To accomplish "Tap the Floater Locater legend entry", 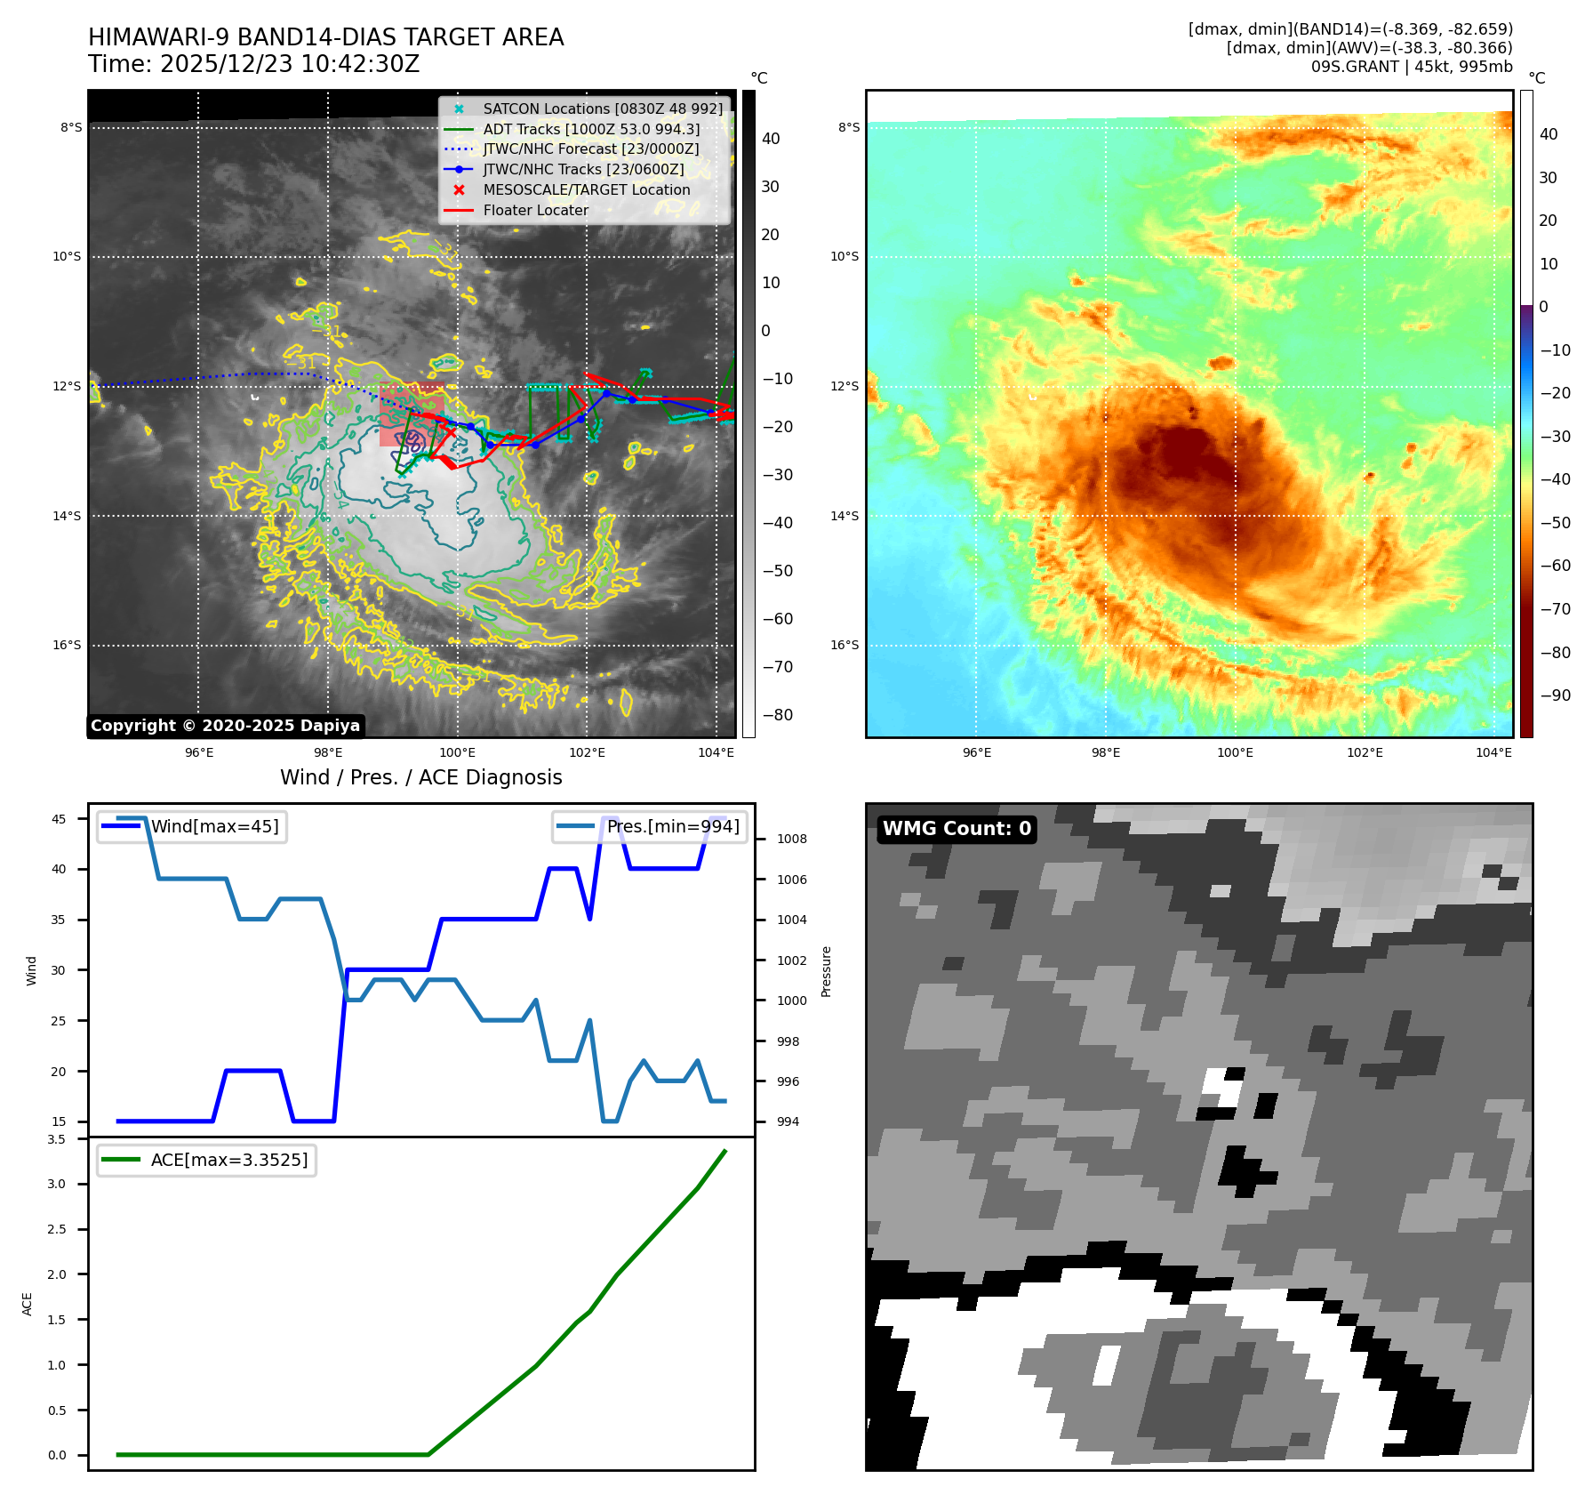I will [x=535, y=211].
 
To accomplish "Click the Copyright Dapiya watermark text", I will [x=225, y=726].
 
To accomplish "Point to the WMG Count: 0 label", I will [x=957, y=829].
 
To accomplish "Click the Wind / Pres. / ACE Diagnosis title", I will [x=420, y=778].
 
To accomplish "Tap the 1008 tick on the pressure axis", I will [x=791, y=840].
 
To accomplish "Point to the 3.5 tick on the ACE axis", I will [x=56, y=1139].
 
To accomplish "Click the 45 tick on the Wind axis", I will [x=59, y=820].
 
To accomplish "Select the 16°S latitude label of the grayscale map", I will [x=67, y=646].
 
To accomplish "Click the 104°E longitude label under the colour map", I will [x=1493, y=753].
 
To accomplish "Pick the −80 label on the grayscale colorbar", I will [x=777, y=715].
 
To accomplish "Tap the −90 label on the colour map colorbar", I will [x=1555, y=695].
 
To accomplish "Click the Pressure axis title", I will [x=827, y=971].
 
